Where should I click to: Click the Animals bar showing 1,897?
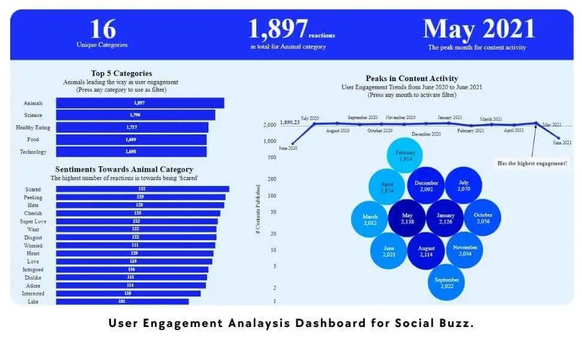tap(140, 103)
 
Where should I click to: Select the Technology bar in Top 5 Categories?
tap(131, 152)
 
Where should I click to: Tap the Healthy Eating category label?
tap(33, 128)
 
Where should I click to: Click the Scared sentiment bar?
tap(142, 189)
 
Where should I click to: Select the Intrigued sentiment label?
tap(33, 269)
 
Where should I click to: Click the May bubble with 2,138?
tap(407, 218)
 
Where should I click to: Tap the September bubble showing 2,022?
tap(447, 283)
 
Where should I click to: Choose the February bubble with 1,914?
tap(405, 156)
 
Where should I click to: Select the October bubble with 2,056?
tap(482, 218)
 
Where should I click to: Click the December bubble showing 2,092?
tap(426, 185)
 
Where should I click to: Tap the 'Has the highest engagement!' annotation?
tap(532, 163)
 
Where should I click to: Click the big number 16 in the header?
tap(102, 29)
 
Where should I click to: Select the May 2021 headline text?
tap(478, 29)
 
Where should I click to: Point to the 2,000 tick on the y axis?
tap(269, 125)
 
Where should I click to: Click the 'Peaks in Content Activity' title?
tap(412, 79)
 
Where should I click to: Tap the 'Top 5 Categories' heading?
tap(121, 74)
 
